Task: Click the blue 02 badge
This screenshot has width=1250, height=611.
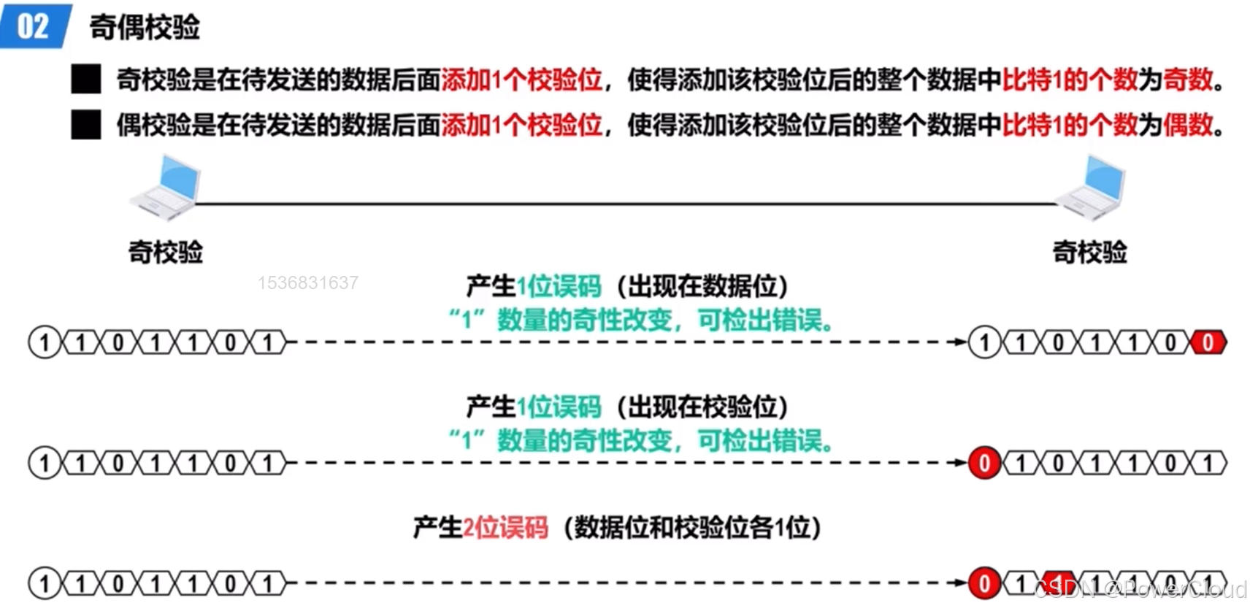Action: pyautogui.click(x=34, y=26)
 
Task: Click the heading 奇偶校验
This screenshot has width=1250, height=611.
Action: pyautogui.click(x=145, y=28)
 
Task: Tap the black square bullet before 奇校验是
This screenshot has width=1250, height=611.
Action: pyautogui.click(x=86, y=80)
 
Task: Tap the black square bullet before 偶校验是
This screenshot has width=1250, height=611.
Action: pyautogui.click(x=86, y=125)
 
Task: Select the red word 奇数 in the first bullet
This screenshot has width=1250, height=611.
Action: pyautogui.click(x=1188, y=80)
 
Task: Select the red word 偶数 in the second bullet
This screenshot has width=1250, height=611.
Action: pyautogui.click(x=1188, y=125)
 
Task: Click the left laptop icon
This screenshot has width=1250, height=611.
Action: pyautogui.click(x=166, y=188)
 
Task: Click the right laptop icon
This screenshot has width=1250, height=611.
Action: pyautogui.click(x=1091, y=188)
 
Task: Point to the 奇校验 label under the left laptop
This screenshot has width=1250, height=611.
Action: pyautogui.click(x=166, y=252)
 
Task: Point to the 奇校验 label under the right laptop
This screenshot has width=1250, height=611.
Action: pyautogui.click(x=1089, y=252)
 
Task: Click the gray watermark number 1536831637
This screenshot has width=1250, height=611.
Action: pyautogui.click(x=307, y=283)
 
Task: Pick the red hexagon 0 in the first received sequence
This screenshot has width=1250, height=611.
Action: pyautogui.click(x=1208, y=342)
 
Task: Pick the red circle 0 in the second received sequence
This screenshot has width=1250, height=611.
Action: pyautogui.click(x=984, y=463)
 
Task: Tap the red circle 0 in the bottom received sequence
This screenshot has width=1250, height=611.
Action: pyautogui.click(x=984, y=583)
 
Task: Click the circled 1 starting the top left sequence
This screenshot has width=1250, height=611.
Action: pyautogui.click(x=44, y=342)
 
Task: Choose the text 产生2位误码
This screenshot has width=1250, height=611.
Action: pyautogui.click(x=480, y=527)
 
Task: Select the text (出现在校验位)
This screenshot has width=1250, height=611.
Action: pyautogui.click(x=702, y=407)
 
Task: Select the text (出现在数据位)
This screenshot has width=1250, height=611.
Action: pyautogui.click(x=702, y=286)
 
